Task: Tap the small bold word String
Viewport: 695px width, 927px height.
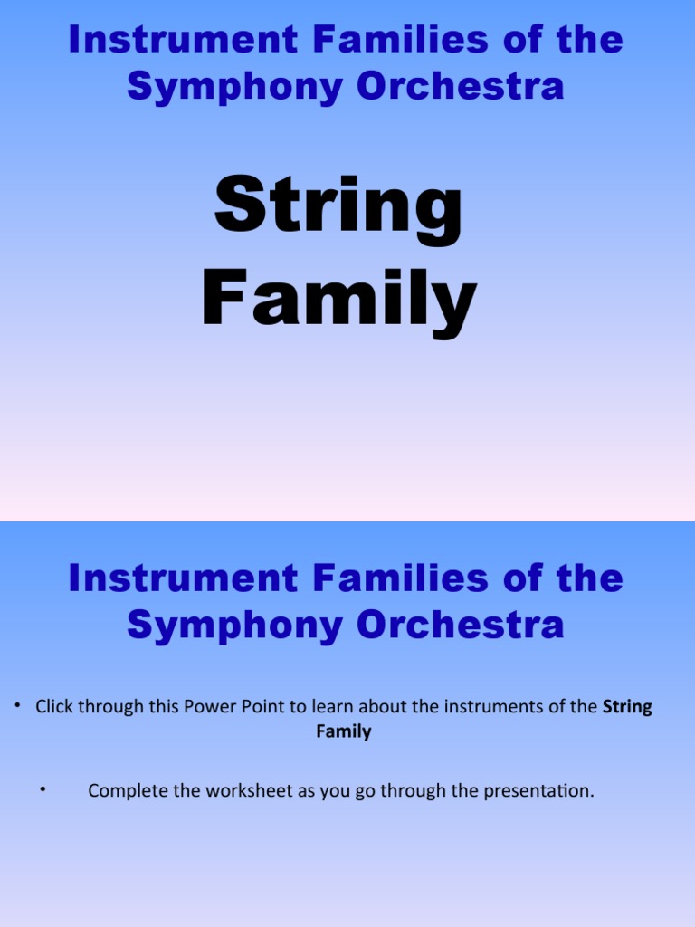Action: coord(627,707)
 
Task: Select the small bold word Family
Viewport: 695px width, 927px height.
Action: coord(344,731)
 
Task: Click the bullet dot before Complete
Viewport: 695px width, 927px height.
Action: coord(43,790)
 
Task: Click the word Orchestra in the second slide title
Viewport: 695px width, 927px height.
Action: coord(462,625)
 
